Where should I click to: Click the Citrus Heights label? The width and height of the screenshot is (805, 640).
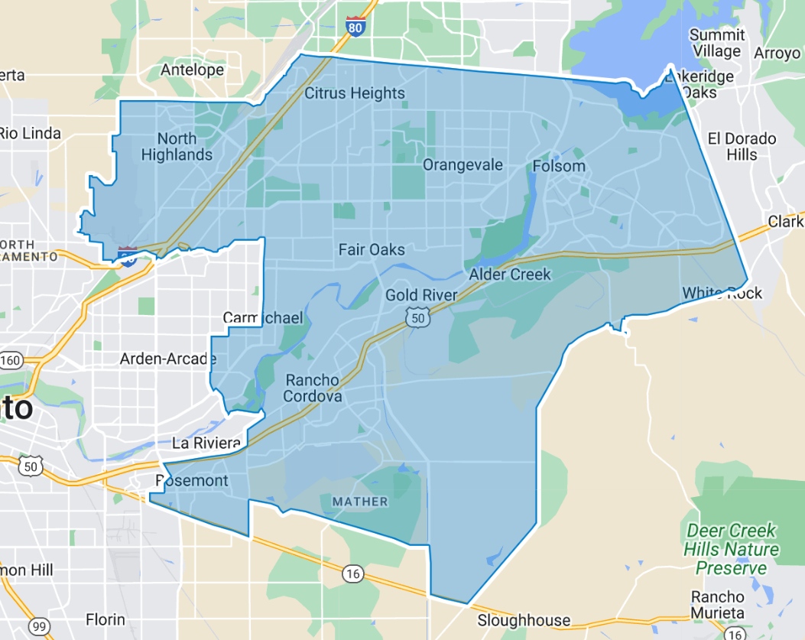[355, 93]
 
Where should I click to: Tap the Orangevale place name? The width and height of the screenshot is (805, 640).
[463, 165]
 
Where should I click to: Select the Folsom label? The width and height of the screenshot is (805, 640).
[559, 166]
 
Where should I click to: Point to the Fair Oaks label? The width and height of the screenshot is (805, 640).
[372, 249]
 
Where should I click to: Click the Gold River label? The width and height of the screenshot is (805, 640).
[421, 294]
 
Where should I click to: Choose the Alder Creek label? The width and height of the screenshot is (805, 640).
[510, 275]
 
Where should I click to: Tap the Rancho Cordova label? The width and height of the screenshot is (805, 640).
[312, 388]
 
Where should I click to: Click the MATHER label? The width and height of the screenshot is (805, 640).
[360, 502]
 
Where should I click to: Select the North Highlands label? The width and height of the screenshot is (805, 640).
[177, 147]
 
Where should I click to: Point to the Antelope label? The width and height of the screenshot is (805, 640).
[193, 70]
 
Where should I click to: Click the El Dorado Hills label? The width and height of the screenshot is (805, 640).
[742, 146]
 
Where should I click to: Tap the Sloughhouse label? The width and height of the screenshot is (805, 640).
[524, 620]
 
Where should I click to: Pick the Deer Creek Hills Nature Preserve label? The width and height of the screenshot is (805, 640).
[731, 549]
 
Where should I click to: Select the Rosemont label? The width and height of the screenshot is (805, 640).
[191, 480]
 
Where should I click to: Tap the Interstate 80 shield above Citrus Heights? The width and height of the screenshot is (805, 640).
[355, 26]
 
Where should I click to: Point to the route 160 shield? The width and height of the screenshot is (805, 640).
[11, 360]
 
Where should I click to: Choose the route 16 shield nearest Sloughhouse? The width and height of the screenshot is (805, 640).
[352, 573]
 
